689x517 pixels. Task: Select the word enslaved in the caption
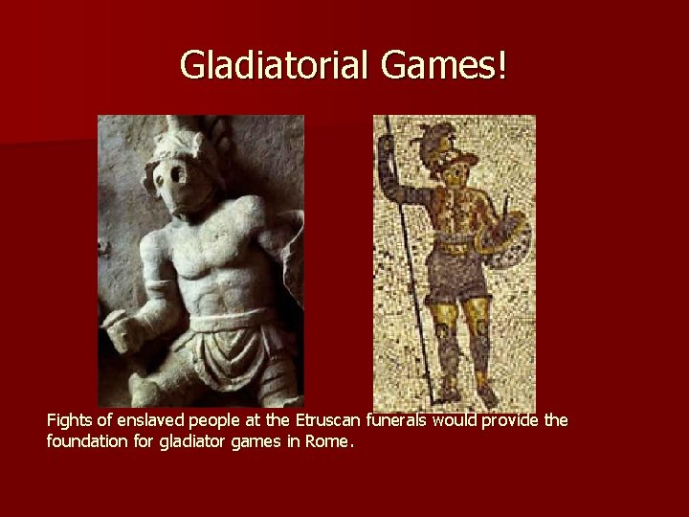pyautogui.click(x=144, y=420)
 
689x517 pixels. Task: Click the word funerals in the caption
pyautogui.click(x=392, y=420)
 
